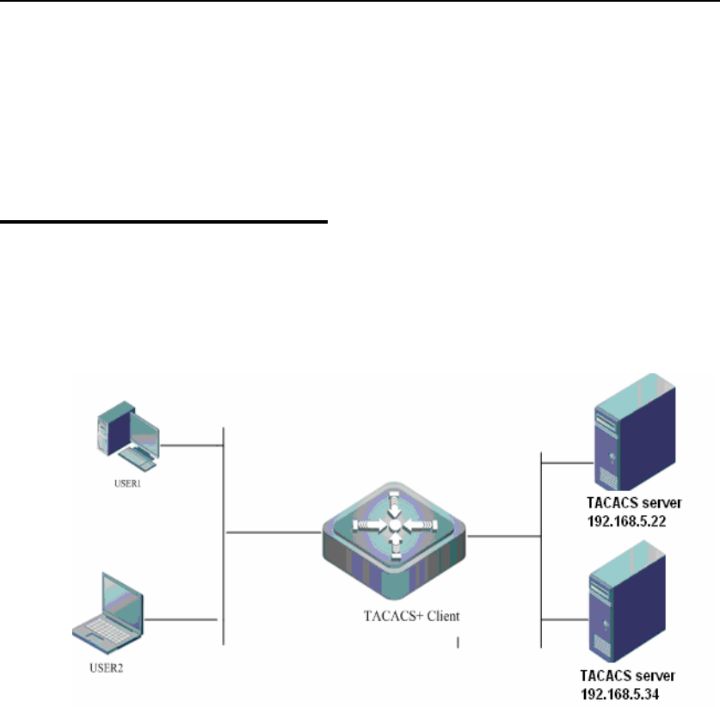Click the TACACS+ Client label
tap(394, 616)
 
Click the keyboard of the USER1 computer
tap(136, 461)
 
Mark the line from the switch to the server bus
tap(503, 536)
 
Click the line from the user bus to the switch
tap(271, 533)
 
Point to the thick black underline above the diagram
tap(164, 222)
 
